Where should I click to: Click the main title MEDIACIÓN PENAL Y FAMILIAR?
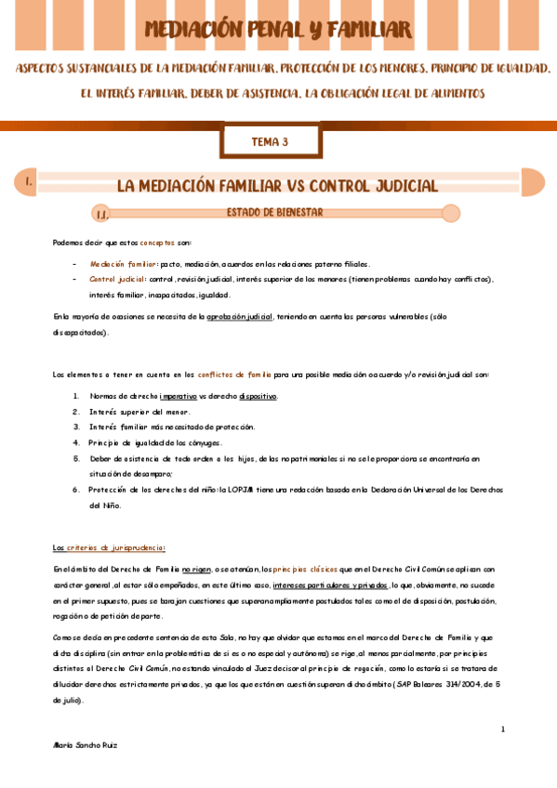(278, 30)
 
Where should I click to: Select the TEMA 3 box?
(271, 142)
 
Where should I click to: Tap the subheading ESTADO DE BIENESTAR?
(274, 213)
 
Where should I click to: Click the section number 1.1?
(101, 215)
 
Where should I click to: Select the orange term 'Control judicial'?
(118, 279)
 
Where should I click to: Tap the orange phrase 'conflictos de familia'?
(234, 374)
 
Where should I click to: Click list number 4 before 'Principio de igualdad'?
(76, 442)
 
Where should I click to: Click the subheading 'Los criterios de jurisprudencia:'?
(109, 548)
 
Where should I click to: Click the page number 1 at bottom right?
(502, 729)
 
